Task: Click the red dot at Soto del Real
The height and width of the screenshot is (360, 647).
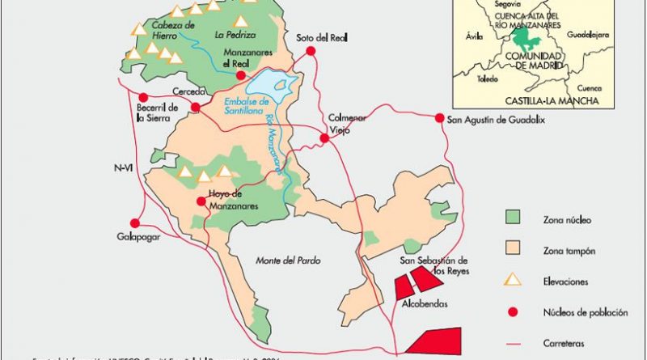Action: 310,51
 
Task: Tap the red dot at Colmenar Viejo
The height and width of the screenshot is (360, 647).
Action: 325,139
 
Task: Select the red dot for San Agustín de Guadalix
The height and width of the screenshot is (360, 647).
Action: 440,118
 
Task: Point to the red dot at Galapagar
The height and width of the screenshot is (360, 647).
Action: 135,222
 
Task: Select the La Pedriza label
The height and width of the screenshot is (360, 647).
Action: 235,35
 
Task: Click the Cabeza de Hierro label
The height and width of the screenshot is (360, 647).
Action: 172,30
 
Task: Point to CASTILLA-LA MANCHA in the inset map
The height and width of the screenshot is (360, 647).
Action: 551,101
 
